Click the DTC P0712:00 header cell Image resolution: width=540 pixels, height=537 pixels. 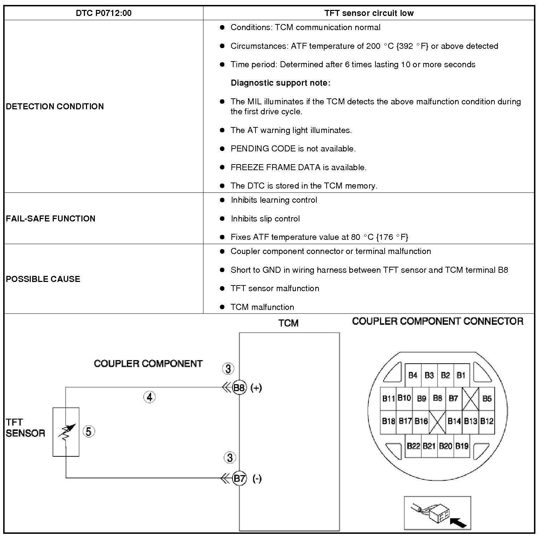click(x=104, y=13)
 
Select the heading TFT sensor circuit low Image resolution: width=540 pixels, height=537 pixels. click(x=369, y=13)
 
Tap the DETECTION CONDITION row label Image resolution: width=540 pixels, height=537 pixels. click(x=55, y=106)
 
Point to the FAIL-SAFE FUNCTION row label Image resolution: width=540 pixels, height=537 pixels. click(x=51, y=219)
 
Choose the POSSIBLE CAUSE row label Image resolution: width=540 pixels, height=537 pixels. click(x=43, y=279)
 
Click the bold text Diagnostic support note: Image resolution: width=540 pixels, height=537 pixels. click(x=280, y=83)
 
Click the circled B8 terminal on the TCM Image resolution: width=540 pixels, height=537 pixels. click(x=239, y=388)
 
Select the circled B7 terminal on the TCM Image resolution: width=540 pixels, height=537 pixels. click(x=240, y=479)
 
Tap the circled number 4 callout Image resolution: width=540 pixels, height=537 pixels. click(x=149, y=397)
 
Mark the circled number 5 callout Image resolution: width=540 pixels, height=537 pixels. click(x=88, y=432)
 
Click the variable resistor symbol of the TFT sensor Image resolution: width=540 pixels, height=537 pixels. click(x=66, y=432)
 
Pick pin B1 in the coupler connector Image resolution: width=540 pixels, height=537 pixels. click(x=461, y=375)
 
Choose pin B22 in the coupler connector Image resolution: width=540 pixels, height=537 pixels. click(x=413, y=446)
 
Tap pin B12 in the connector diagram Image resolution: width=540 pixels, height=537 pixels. click(x=487, y=421)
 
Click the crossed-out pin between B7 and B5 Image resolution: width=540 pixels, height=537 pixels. click(x=471, y=399)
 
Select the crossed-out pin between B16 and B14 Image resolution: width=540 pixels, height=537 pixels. click(x=437, y=422)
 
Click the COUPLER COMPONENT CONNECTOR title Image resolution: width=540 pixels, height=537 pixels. click(x=438, y=321)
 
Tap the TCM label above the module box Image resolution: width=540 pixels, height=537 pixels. click(x=288, y=323)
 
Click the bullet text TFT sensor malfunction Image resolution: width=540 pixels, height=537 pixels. click(x=275, y=289)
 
